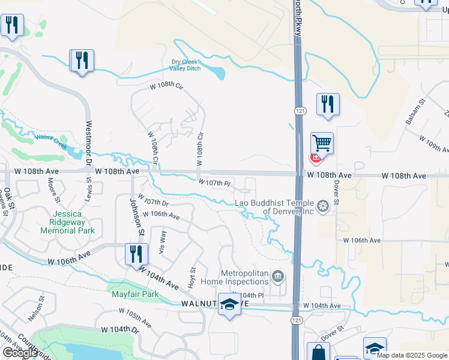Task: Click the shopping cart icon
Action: tap(322, 144)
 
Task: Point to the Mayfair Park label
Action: tap(134, 294)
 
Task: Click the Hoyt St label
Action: tap(192, 278)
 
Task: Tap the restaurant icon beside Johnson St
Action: tap(136, 254)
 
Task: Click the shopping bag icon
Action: tap(318, 352)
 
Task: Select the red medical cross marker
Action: tap(315, 157)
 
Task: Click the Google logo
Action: tap(20, 353)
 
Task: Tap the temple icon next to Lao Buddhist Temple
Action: tap(324, 208)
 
